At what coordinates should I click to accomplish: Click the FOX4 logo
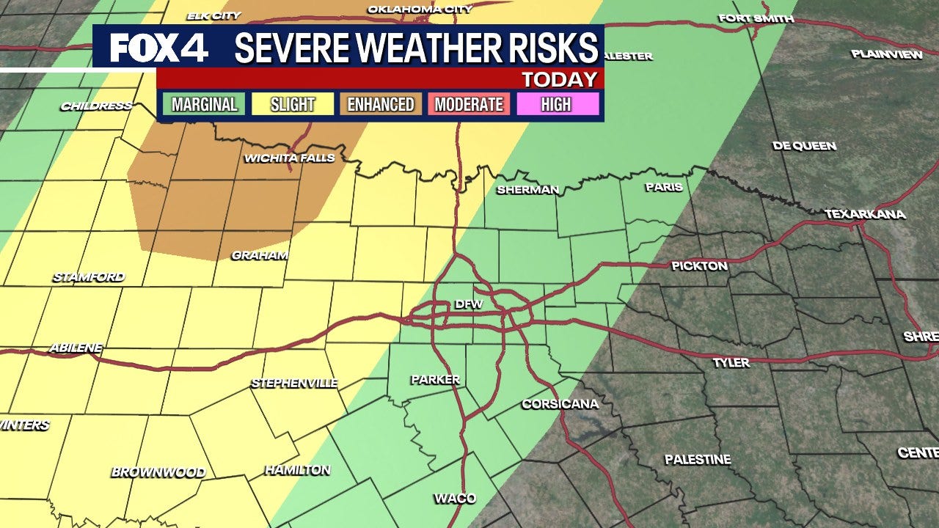point(158,48)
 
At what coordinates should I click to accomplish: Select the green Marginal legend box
point(205,105)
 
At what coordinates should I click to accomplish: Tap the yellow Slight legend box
point(292,105)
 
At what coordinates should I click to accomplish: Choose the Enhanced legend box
point(380,105)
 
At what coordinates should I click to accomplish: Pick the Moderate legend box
point(469,105)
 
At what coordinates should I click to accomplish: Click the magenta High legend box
point(556,105)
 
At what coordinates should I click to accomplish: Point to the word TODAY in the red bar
point(559,79)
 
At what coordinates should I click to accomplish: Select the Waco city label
point(455,499)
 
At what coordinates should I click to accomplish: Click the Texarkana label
point(865,214)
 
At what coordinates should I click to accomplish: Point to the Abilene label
point(76,348)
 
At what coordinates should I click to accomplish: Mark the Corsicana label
point(560,404)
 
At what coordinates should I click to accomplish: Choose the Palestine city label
point(698,460)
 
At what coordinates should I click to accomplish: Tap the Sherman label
point(527,190)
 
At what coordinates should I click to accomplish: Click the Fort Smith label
point(756,18)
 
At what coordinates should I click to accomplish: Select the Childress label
point(96,106)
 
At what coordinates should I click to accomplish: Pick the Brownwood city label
point(158,472)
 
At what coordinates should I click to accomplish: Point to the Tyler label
point(731,362)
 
